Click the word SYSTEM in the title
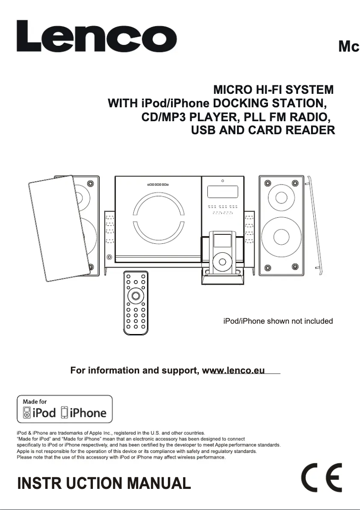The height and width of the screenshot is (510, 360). click(x=310, y=89)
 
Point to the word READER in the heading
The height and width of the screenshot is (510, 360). click(x=310, y=131)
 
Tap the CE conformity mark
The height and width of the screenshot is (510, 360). click(x=321, y=478)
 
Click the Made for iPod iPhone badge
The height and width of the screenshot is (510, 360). click(x=65, y=409)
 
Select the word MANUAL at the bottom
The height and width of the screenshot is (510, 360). click(x=159, y=484)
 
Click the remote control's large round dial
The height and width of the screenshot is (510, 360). click(x=135, y=295)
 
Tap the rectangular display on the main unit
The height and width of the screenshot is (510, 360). click(x=222, y=193)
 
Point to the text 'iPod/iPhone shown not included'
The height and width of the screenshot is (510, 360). click(x=278, y=321)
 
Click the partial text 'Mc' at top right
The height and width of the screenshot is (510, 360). click(x=349, y=47)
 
